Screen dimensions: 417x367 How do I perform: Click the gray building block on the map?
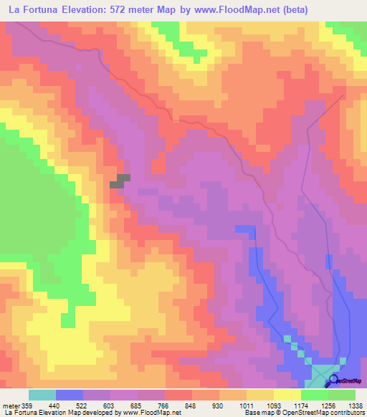pyautogui.click(x=120, y=181)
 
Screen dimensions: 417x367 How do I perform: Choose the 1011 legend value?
pyautogui.click(x=246, y=406)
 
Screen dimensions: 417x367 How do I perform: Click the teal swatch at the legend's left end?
pyautogui.click(x=42, y=395)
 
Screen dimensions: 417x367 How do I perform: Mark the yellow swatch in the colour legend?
pyautogui.click(x=287, y=395)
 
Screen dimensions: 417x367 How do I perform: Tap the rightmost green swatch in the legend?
pyautogui.click(x=341, y=395)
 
